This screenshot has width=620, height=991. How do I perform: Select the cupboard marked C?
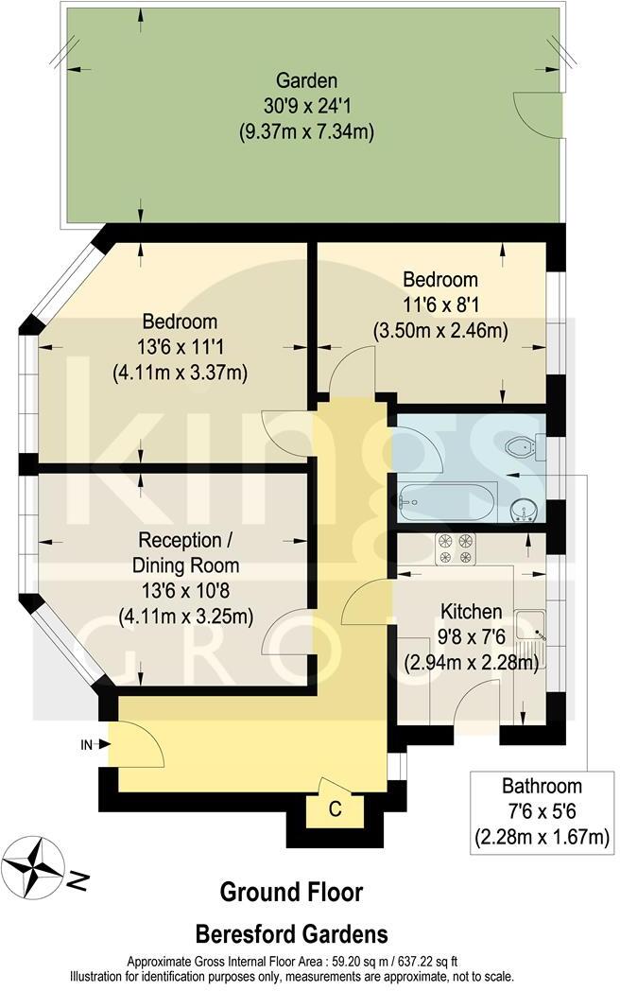point(334,809)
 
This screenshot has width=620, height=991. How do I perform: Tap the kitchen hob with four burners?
point(455,548)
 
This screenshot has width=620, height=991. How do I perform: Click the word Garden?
point(306,79)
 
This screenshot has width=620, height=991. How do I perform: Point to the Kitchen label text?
point(462,612)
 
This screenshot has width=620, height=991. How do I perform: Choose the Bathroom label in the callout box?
point(529,786)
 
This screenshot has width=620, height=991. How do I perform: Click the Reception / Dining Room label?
point(189,553)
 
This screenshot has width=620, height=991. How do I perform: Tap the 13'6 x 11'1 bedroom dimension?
point(181,347)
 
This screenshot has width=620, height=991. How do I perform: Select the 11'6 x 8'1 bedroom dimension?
point(440,305)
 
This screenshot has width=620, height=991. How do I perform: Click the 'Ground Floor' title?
point(291,892)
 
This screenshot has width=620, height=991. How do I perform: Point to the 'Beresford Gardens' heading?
point(291,934)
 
